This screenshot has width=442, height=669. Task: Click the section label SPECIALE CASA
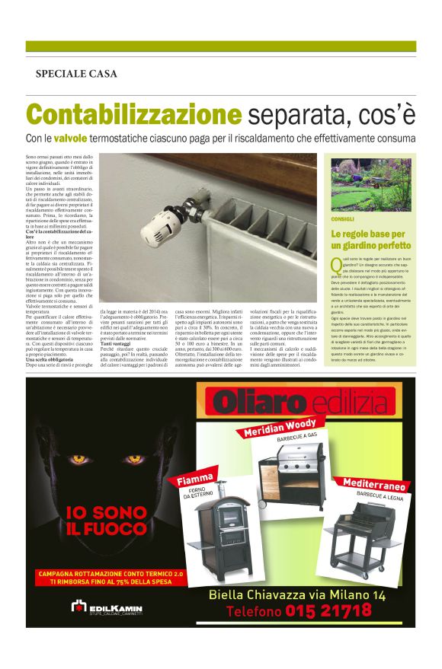(76, 74)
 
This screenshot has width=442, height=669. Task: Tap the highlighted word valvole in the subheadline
(92, 139)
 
